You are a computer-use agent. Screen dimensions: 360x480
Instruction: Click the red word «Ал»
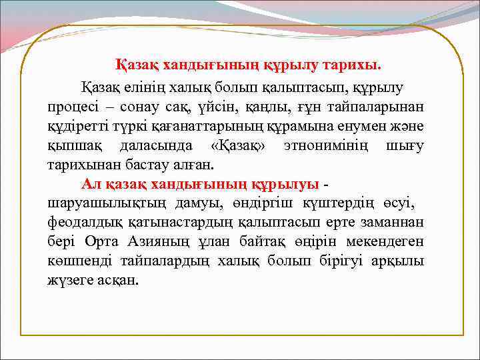coord(91,183)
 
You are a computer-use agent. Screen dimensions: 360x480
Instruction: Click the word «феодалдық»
coord(81,222)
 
